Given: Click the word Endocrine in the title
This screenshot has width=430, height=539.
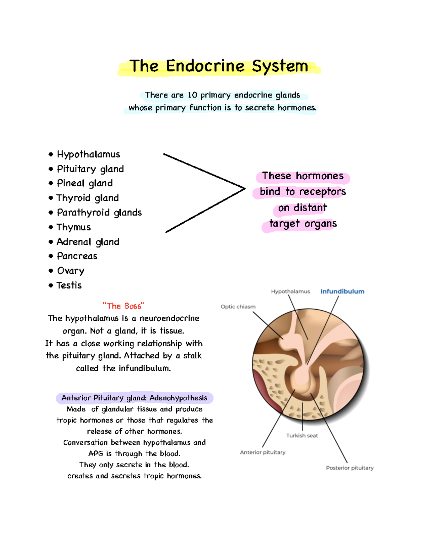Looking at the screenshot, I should pos(205,66).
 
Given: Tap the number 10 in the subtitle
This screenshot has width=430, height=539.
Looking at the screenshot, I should pos(192,95).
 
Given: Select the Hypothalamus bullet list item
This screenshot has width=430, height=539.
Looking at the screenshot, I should pos(88,154).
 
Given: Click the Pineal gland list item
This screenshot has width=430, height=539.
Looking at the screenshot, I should pos(85,183).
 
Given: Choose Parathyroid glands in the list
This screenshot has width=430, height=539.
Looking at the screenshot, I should pos(99,213).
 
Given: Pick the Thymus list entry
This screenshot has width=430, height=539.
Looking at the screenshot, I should pos(73,227).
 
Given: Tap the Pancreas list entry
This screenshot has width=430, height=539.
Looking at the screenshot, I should pos(77,256).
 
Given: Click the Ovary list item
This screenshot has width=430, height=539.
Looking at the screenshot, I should pos(71,271).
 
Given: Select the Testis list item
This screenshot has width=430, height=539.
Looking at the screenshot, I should pos(69,285).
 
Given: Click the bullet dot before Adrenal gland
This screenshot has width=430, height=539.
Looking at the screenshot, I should pos(51,242).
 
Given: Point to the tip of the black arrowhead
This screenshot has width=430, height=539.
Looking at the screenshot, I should pos(245,189).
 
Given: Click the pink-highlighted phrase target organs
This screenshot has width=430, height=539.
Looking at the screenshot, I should pos(303,224).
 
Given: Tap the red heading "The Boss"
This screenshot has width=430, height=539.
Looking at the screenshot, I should pos(123,306).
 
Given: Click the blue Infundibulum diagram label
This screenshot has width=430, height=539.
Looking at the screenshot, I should pos(342,291).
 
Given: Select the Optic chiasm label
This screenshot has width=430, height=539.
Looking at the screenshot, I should pos(238,307).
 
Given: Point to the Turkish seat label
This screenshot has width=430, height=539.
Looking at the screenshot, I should pos(302,435).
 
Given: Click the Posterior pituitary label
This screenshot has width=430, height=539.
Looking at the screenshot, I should pos(350,468).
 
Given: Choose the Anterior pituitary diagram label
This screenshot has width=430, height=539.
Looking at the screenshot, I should pos(263,452).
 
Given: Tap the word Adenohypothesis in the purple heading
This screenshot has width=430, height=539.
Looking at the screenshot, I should pos(178,398).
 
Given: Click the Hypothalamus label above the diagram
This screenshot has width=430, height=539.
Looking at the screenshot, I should pos(290,291).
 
